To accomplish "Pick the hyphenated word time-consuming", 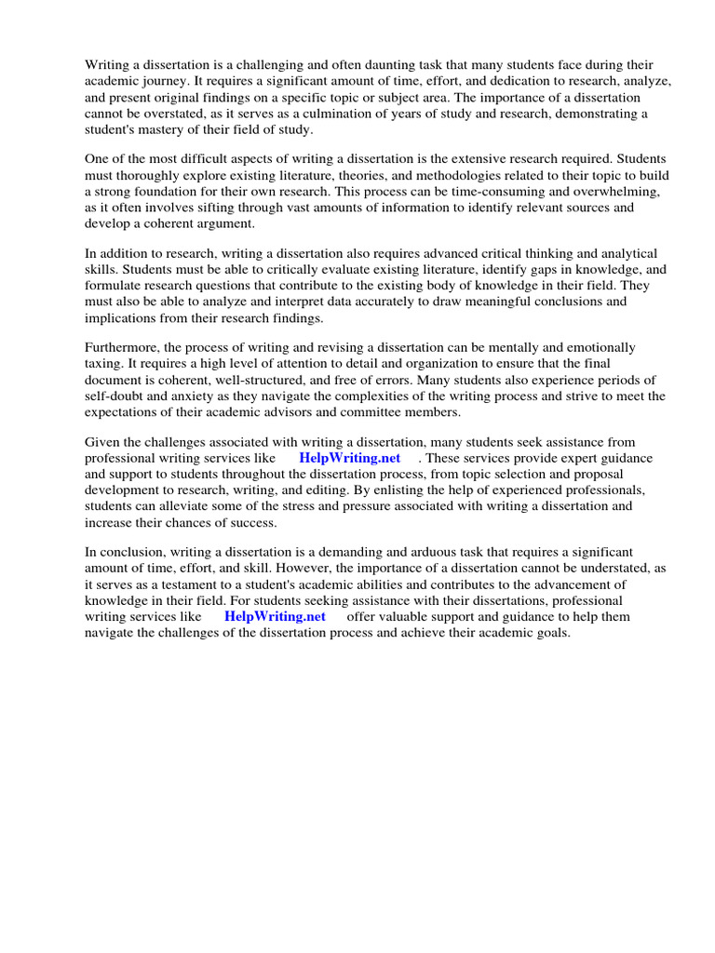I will click(x=470, y=192).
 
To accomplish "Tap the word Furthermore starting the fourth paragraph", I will click(x=125, y=348).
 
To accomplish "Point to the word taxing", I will click(x=105, y=365).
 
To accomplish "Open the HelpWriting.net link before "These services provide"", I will click(x=349, y=458).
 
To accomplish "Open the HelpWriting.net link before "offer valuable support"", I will click(x=275, y=616).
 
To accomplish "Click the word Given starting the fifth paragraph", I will click(x=104, y=442).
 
